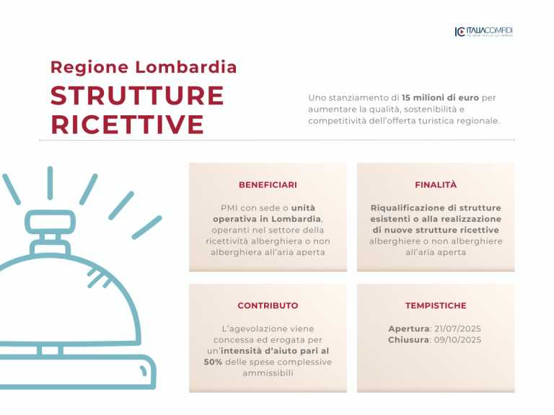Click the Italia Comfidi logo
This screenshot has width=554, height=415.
(484, 32)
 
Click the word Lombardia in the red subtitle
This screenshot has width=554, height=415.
(186, 67)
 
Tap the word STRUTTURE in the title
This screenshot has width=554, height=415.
(137, 96)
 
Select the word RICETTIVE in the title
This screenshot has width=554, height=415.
(127, 125)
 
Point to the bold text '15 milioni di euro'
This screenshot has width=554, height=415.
(440, 98)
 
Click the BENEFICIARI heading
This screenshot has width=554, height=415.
(268, 185)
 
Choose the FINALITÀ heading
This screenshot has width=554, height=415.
(436, 184)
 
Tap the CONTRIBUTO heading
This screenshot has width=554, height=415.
(268, 305)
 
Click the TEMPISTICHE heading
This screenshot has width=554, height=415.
(436, 305)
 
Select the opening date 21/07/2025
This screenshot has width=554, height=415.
(457, 329)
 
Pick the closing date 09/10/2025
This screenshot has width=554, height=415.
(457, 340)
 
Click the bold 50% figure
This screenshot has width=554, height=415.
(213, 362)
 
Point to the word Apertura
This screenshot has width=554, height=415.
(409, 329)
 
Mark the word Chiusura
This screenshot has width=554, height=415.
(408, 340)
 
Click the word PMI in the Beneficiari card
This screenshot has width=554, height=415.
(229, 207)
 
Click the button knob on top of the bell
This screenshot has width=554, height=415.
(50, 223)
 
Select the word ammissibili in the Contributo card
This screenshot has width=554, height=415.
(268, 373)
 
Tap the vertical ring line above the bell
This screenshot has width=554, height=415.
(50, 183)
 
